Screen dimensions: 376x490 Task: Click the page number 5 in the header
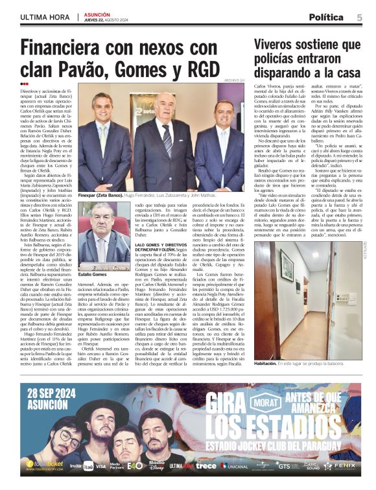point(359,17)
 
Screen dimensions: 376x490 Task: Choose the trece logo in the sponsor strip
point(206,466)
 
